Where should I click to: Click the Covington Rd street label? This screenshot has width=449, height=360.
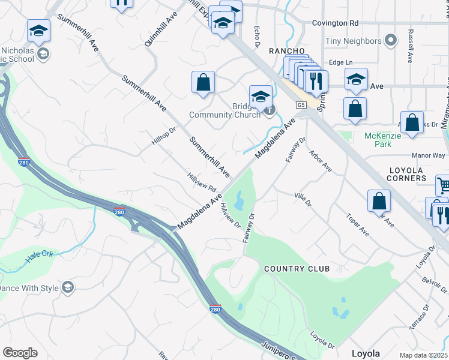[335, 23]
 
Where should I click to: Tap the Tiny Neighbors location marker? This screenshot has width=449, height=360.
[391, 41]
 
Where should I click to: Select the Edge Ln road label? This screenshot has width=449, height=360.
[339, 62]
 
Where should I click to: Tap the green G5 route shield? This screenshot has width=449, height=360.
[301, 105]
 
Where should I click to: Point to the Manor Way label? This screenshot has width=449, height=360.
[430, 155]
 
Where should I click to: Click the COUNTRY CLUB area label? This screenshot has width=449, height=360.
[297, 269]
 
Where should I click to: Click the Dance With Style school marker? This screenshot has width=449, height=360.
[68, 288]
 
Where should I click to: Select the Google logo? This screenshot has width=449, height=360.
[20, 353]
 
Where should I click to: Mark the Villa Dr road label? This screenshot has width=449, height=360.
[303, 199]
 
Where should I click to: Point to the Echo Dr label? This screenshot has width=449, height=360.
[256, 36]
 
